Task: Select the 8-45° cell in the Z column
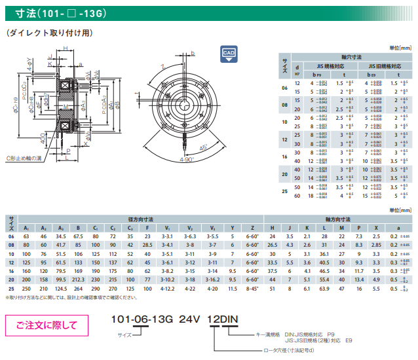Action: click(252, 287)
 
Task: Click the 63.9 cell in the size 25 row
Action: click(324, 287)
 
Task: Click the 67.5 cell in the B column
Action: click(77, 236)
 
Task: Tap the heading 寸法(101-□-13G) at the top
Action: click(47, 12)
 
